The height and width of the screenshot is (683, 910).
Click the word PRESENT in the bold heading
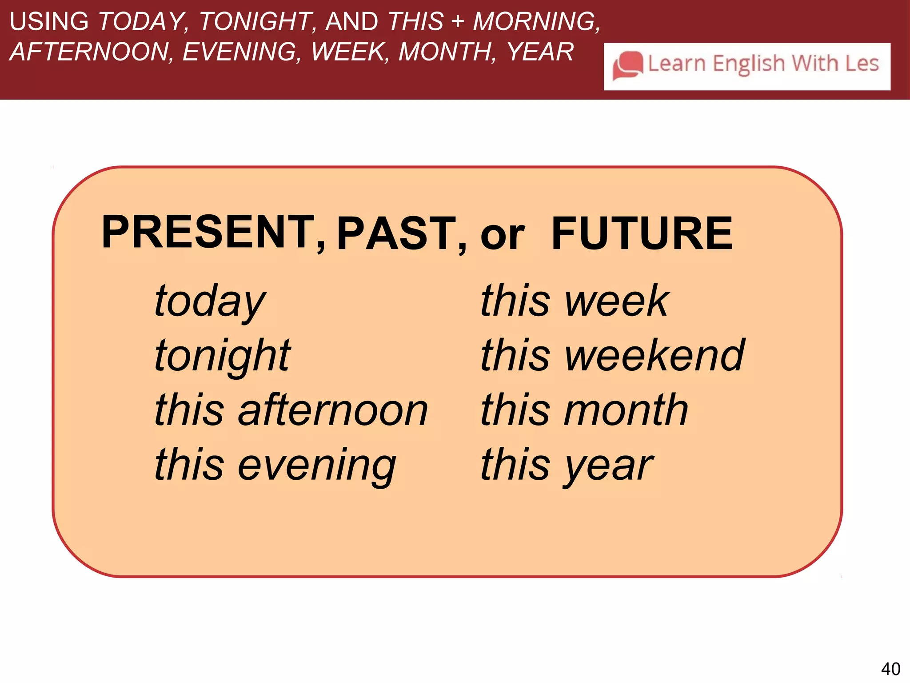tap(208, 232)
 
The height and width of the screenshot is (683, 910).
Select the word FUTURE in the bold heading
tap(642, 233)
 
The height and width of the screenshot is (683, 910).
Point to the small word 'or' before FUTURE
tap(503, 236)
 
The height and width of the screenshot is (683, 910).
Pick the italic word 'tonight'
tap(222, 356)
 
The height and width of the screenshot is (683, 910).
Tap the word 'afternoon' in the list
tap(333, 410)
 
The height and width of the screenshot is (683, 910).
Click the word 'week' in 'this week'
tap(617, 301)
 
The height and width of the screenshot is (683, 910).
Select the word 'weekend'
tap(655, 356)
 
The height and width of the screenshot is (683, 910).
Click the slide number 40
tap(890, 669)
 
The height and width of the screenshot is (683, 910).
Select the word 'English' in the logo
tap(749, 64)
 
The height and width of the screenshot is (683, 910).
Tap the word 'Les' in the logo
tap(862, 63)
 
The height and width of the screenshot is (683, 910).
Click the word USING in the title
tap(49, 21)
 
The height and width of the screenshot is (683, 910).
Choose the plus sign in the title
tap(458, 21)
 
